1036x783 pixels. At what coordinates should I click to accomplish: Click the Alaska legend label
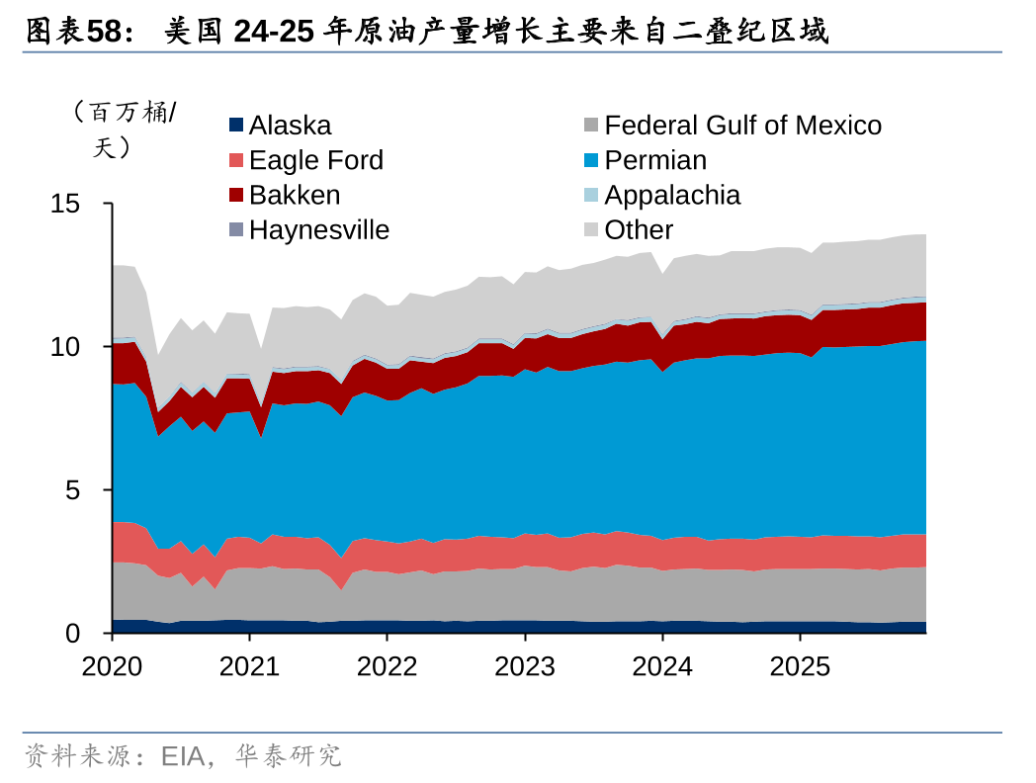290,126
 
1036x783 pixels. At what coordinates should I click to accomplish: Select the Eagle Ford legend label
315,160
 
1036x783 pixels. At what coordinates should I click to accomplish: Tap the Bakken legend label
295,195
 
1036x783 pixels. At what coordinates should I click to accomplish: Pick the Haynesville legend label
318,229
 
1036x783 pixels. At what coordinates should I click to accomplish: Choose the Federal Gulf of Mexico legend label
742,126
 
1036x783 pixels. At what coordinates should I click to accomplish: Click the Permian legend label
655,160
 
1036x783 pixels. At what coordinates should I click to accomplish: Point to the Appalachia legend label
672,195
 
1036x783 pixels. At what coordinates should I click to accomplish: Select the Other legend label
639,229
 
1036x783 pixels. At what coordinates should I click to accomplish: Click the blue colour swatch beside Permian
591,160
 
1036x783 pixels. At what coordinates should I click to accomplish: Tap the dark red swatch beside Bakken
235,195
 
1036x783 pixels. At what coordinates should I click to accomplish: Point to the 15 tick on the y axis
65,205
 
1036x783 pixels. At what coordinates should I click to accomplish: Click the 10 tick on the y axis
65,348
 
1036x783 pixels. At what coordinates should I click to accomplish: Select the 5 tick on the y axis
72,490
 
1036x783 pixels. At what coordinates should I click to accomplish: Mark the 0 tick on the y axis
72,634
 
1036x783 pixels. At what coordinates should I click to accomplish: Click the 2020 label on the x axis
112,666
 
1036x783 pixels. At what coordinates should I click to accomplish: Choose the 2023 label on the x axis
525,666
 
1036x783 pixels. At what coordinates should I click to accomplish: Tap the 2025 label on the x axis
800,666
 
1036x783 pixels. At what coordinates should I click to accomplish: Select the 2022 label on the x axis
388,666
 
